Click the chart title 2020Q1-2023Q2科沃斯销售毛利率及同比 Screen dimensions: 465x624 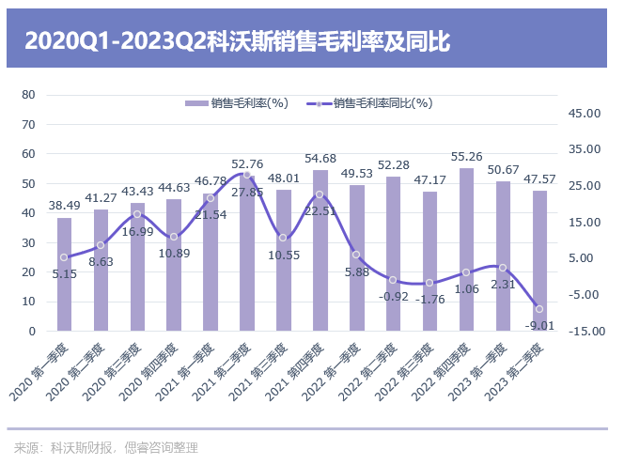(238, 41)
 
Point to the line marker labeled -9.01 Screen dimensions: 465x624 (539, 309)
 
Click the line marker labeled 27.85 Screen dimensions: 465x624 (247, 175)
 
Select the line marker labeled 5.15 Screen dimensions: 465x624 (64, 257)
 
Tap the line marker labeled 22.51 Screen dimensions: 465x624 (320, 194)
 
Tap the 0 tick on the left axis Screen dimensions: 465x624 (32, 332)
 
